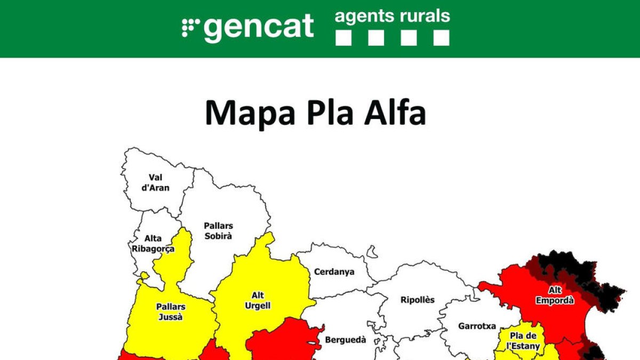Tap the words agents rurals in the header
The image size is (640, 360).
(392, 16)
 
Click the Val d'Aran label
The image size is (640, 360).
(156, 182)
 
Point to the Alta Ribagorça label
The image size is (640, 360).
(153, 244)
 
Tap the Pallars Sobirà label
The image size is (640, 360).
(219, 231)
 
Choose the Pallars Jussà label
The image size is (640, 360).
(171, 311)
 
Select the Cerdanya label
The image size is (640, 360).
(334, 271)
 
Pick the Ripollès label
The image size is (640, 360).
(418, 300)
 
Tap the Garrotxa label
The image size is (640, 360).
(477, 325)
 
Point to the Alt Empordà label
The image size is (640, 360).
(555, 295)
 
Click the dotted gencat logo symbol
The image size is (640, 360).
(190, 27)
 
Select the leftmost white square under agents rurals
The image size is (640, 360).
(343, 37)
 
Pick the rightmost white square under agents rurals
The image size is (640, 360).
(441, 37)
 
